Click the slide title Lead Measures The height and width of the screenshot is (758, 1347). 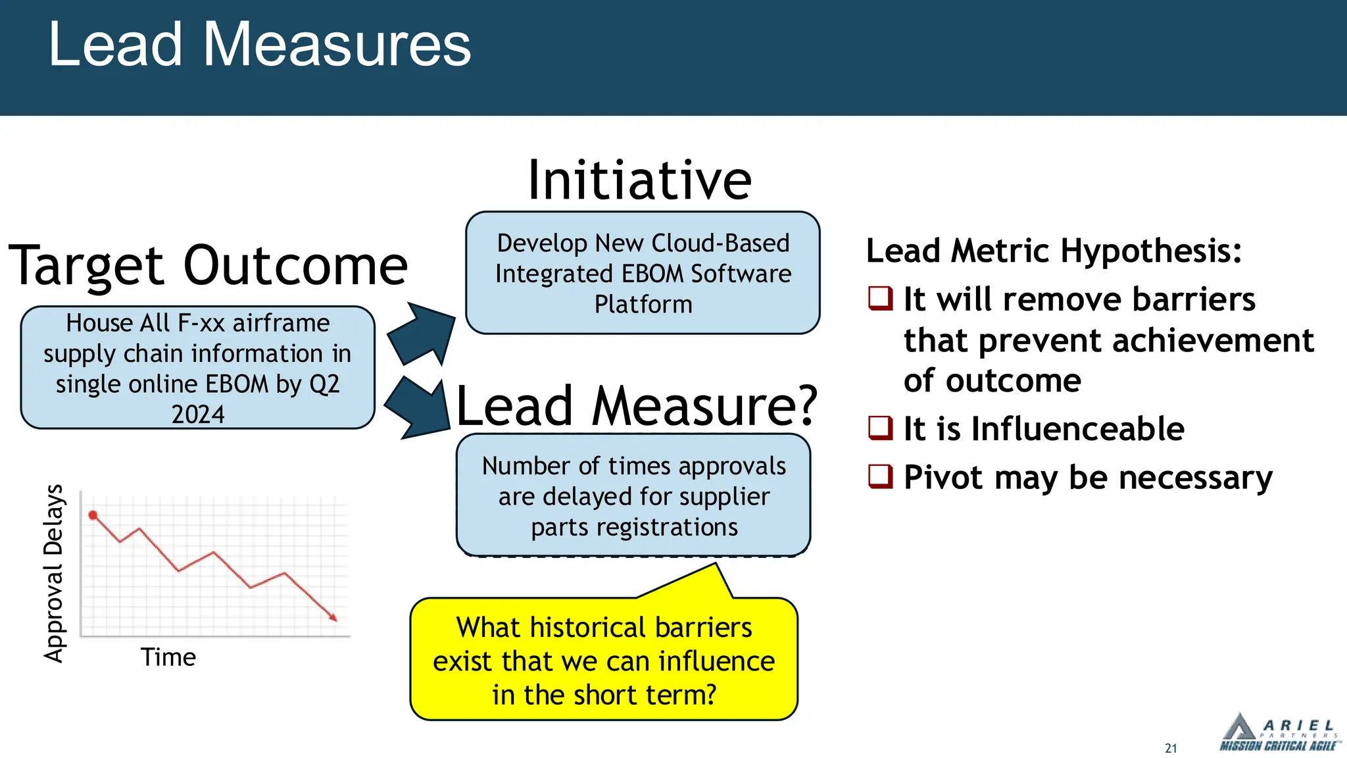pyautogui.click(x=259, y=45)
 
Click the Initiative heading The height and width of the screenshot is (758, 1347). pyautogui.click(x=639, y=180)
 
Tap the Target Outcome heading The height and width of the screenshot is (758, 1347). pyautogui.click(x=208, y=266)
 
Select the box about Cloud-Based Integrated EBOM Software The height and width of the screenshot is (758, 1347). pyautogui.click(x=643, y=273)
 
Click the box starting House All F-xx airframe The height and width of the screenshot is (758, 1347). pyautogui.click(x=197, y=368)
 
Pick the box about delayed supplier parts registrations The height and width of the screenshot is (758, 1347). pyautogui.click(x=633, y=495)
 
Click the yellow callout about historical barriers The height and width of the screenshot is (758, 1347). pyautogui.click(x=604, y=660)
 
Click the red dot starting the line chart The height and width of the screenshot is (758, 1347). pyautogui.click(x=93, y=515)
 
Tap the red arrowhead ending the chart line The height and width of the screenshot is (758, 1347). pyautogui.click(x=333, y=617)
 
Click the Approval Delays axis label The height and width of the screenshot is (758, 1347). pyautogui.click(x=54, y=573)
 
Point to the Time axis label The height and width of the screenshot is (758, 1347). pyautogui.click(x=168, y=657)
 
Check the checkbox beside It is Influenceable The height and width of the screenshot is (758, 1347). pyautogui.click(x=881, y=428)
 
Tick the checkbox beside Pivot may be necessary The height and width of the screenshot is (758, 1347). pyautogui.click(x=881, y=476)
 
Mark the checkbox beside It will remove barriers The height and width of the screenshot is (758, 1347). pyautogui.click(x=881, y=299)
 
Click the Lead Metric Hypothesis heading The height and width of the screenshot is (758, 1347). pyautogui.click(x=1054, y=251)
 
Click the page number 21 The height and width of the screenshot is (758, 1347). pyautogui.click(x=1171, y=748)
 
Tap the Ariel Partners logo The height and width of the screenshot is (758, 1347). pyautogui.click(x=1278, y=733)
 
